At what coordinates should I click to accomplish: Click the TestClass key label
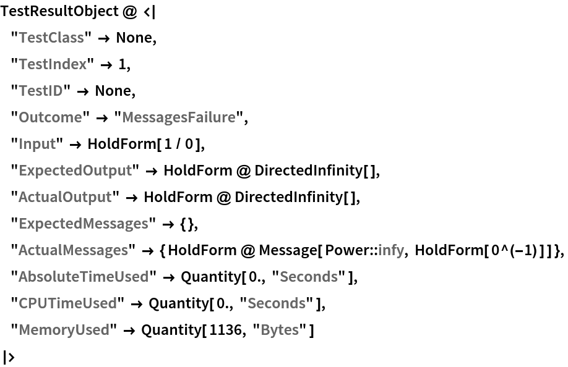click(x=51, y=38)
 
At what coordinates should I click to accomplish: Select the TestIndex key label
click(x=53, y=64)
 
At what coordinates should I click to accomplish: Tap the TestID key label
click(x=41, y=91)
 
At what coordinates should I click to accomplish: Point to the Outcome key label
click(x=50, y=117)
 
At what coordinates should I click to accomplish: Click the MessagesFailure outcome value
click(x=178, y=117)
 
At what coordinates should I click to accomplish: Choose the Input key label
click(x=37, y=144)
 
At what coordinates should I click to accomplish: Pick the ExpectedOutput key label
click(x=75, y=171)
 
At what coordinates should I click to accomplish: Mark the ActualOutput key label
click(x=65, y=197)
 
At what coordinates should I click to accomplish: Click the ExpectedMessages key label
click(x=83, y=224)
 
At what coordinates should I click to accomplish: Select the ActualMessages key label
click(x=73, y=250)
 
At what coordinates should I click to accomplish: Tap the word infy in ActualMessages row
click(x=391, y=250)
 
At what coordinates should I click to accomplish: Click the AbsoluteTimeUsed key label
click(x=84, y=277)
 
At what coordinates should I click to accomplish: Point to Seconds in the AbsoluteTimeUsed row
click(x=308, y=277)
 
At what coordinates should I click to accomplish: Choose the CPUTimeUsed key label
click(x=67, y=303)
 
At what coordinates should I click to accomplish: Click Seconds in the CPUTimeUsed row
click(x=276, y=303)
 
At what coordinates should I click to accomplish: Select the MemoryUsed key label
click(x=64, y=330)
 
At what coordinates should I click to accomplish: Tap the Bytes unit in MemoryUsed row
click(x=279, y=330)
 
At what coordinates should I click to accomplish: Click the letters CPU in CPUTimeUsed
click(x=32, y=303)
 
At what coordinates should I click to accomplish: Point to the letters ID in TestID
click(x=54, y=91)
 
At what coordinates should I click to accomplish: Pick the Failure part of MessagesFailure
click(x=212, y=117)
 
